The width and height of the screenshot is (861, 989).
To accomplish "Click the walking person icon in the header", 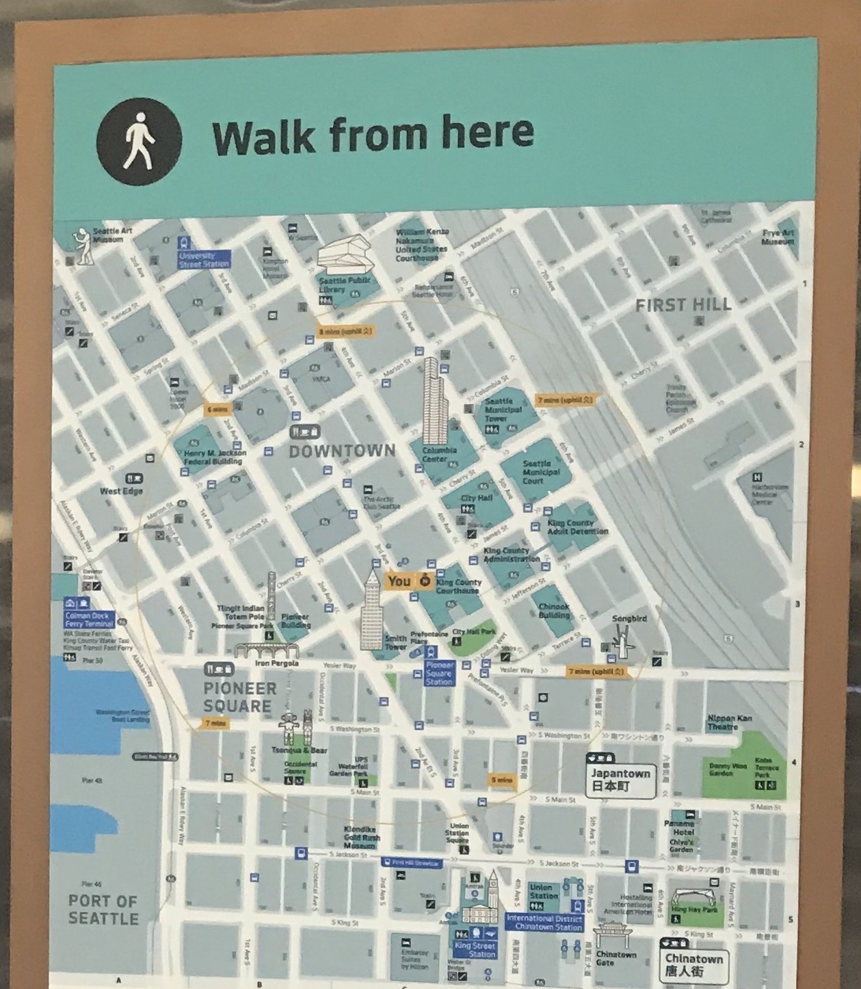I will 140,140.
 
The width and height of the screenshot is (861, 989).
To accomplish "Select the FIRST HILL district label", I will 683,305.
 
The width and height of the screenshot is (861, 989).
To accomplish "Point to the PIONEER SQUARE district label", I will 239,697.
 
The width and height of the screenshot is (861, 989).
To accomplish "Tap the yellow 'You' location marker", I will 409,581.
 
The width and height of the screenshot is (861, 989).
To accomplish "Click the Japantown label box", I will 620,780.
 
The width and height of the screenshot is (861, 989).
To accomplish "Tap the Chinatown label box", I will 693,964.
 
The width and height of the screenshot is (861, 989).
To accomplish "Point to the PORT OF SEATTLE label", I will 103,909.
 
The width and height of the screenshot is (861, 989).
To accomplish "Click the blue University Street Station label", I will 203,260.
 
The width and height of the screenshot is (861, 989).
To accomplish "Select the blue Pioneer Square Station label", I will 438,673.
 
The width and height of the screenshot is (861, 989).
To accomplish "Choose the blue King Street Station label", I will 481,950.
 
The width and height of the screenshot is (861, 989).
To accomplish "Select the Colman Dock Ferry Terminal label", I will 89,620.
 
